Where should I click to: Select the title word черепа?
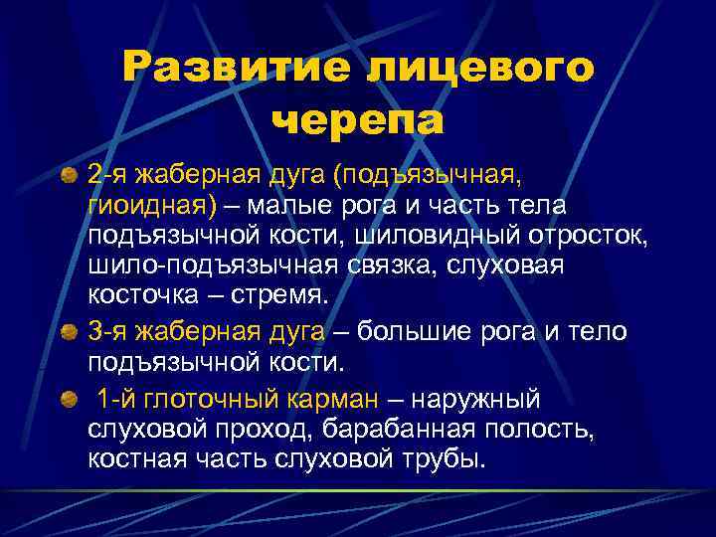tap(358, 119)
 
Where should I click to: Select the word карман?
tap(336, 401)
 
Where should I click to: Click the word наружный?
tap(476, 401)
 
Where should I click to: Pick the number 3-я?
tap(106, 330)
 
